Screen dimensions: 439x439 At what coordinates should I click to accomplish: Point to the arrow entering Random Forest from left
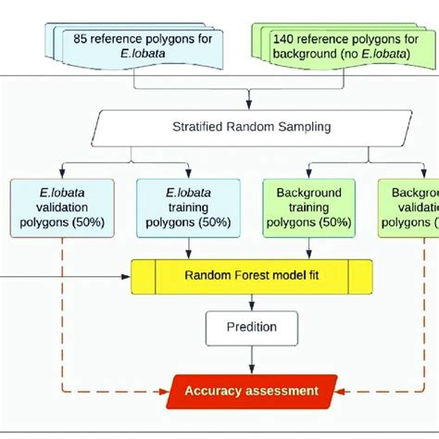coord(65,274)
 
